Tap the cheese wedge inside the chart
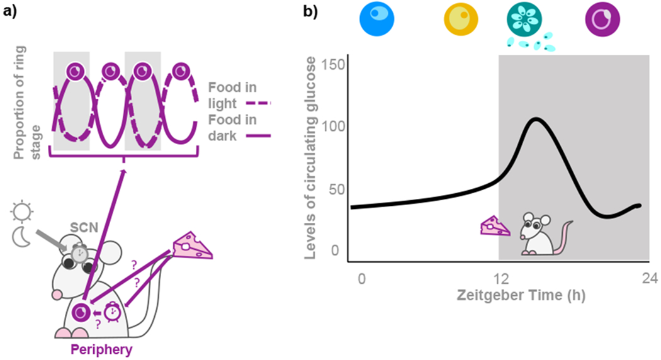(495, 225)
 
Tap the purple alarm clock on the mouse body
(113, 312)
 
